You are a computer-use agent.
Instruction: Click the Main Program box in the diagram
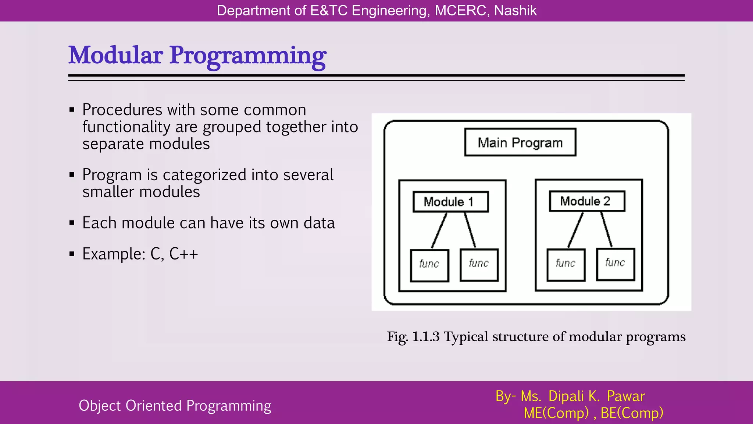click(x=520, y=142)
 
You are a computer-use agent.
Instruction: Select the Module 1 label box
click(x=450, y=202)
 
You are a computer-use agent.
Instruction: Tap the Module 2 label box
click(x=587, y=201)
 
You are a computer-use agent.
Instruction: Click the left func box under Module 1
click(x=429, y=265)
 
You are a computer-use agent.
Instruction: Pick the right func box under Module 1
click(x=479, y=265)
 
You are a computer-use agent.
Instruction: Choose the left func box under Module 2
click(x=566, y=265)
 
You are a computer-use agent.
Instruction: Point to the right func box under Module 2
click(x=615, y=264)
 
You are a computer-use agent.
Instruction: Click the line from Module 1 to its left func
click(x=439, y=231)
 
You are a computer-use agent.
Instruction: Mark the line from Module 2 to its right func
click(x=607, y=230)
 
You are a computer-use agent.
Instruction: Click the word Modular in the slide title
click(x=115, y=56)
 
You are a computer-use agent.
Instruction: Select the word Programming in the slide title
click(x=247, y=56)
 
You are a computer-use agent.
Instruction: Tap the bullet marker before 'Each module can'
click(x=72, y=223)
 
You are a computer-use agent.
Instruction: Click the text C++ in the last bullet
click(x=183, y=254)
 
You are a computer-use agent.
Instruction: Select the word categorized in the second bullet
click(x=204, y=175)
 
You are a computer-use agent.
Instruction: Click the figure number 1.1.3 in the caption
click(x=425, y=337)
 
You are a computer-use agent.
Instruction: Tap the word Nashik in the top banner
click(x=515, y=11)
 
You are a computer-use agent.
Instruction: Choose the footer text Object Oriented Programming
click(x=175, y=406)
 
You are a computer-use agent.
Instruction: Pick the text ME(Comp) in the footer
click(x=556, y=413)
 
